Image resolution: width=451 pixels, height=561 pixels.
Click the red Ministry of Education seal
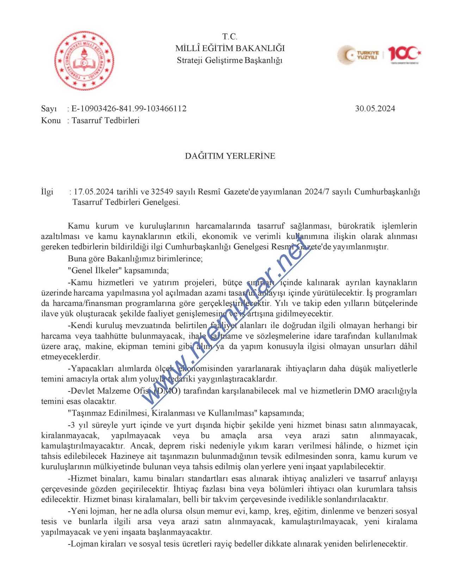(x=84, y=61)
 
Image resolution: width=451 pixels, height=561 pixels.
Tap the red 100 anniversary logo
(x=404, y=54)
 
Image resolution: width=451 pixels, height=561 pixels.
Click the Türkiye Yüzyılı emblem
(x=359, y=55)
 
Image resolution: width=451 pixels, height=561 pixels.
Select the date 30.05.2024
(x=375, y=109)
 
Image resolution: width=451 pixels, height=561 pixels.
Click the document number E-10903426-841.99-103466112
(x=129, y=109)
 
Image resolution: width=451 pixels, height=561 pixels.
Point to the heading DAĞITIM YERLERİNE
(x=230, y=156)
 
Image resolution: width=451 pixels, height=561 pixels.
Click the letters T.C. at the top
(x=230, y=37)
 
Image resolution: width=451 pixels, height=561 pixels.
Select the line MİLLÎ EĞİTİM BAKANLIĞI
(x=230, y=48)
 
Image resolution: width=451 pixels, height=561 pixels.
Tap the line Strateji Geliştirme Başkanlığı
(x=230, y=60)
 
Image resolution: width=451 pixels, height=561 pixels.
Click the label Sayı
(x=49, y=109)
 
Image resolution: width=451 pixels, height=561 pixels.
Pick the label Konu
(x=51, y=121)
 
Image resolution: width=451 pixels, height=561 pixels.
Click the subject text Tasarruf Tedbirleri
(x=106, y=121)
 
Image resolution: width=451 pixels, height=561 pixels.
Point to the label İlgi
(x=47, y=192)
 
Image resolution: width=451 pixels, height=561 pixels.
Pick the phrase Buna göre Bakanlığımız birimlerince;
(x=135, y=259)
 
